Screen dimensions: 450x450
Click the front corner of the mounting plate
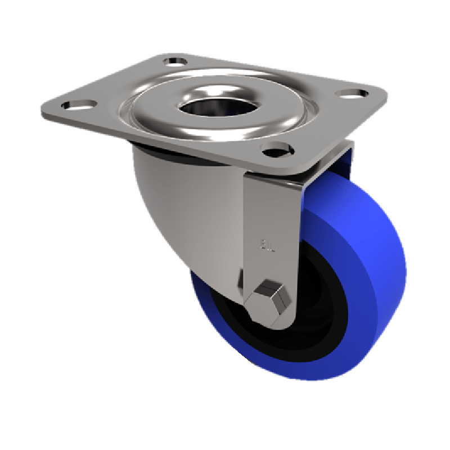pyautogui.click(x=307, y=169)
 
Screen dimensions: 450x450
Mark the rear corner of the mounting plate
pyautogui.click(x=169, y=55)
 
